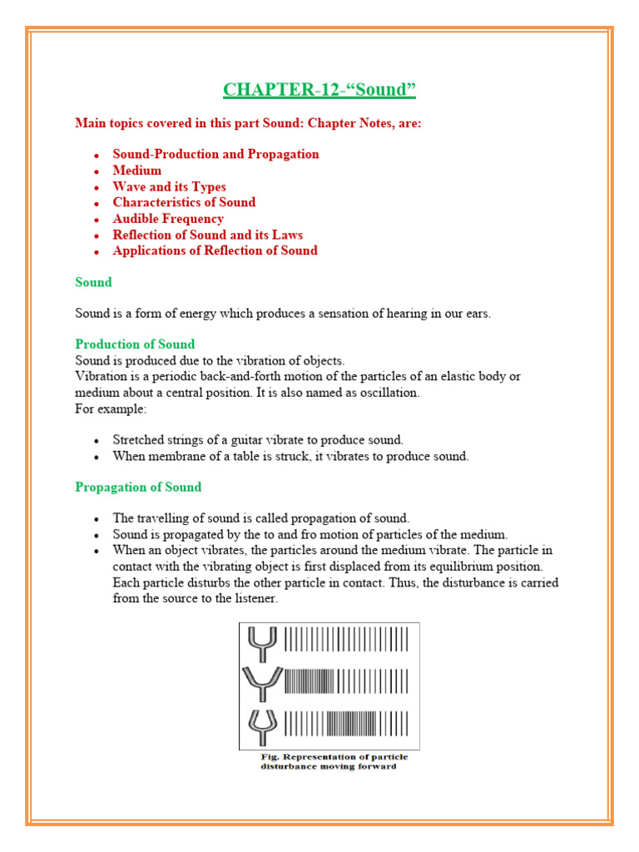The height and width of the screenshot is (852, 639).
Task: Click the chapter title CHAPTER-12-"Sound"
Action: tap(319, 89)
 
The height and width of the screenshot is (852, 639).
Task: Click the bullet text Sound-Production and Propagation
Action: tap(215, 154)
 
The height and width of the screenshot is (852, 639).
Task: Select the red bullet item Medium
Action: tap(137, 171)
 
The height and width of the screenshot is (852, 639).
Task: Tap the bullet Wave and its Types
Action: tap(169, 186)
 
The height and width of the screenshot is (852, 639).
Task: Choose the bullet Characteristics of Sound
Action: tap(184, 202)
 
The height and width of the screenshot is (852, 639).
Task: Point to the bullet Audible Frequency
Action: tap(168, 219)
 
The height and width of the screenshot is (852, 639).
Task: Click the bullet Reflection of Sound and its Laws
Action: tap(207, 235)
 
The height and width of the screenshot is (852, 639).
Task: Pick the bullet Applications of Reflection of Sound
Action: tap(215, 250)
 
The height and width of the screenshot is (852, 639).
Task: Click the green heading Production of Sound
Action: tap(135, 344)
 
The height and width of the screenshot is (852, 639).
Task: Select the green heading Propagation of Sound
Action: tap(138, 487)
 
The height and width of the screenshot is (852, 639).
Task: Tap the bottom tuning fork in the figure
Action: tap(262, 723)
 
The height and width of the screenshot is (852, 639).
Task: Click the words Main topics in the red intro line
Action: tap(110, 123)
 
